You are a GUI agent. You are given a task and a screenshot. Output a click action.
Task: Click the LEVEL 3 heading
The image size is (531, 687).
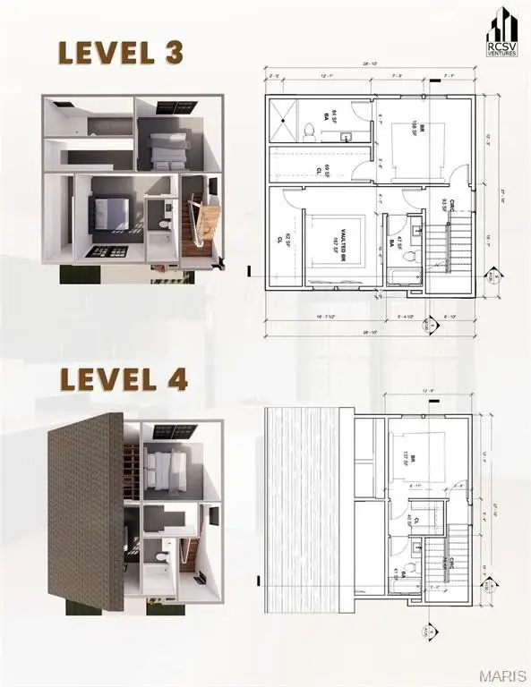pyautogui.click(x=120, y=52)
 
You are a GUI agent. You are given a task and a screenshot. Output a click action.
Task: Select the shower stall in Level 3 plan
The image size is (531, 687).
pyautogui.click(x=286, y=118)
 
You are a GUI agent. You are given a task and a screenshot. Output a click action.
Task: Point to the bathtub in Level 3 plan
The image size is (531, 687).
pyautogui.click(x=405, y=275)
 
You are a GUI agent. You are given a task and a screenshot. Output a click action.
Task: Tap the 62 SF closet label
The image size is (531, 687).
pyautogui.click(x=279, y=239)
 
